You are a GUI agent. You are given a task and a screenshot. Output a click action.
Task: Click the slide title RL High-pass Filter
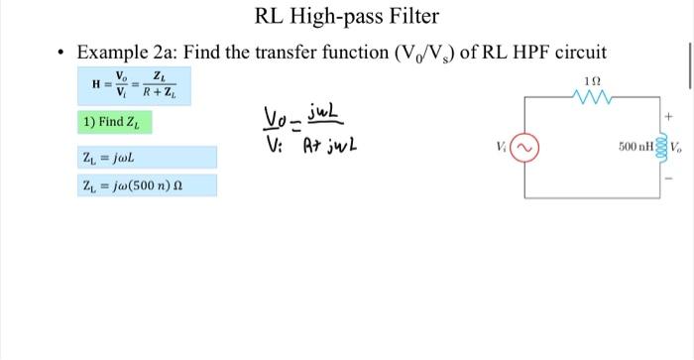click(347, 16)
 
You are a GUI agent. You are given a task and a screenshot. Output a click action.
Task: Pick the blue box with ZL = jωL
click(147, 158)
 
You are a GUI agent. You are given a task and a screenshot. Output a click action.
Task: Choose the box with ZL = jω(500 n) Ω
click(147, 185)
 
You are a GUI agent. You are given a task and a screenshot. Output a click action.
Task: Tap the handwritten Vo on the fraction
click(280, 120)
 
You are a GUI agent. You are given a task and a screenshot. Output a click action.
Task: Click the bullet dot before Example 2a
click(61, 53)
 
